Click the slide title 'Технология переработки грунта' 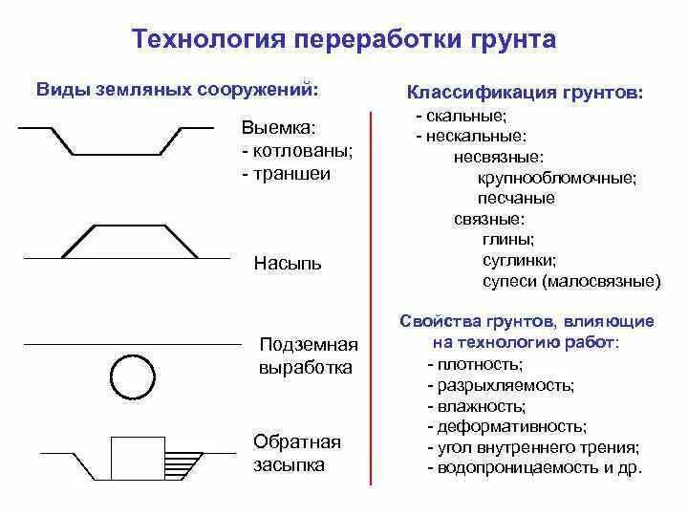pos(343,40)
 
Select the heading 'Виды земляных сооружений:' pos(177,90)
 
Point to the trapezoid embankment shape pos(130,241)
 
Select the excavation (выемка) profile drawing pos(117,140)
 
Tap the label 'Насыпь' pos(288,263)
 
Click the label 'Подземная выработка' pos(307,355)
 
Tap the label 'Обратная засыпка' pos(297,453)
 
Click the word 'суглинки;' pos(520,259)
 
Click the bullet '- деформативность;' pos(506,426)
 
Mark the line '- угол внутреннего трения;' pos(533,447)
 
